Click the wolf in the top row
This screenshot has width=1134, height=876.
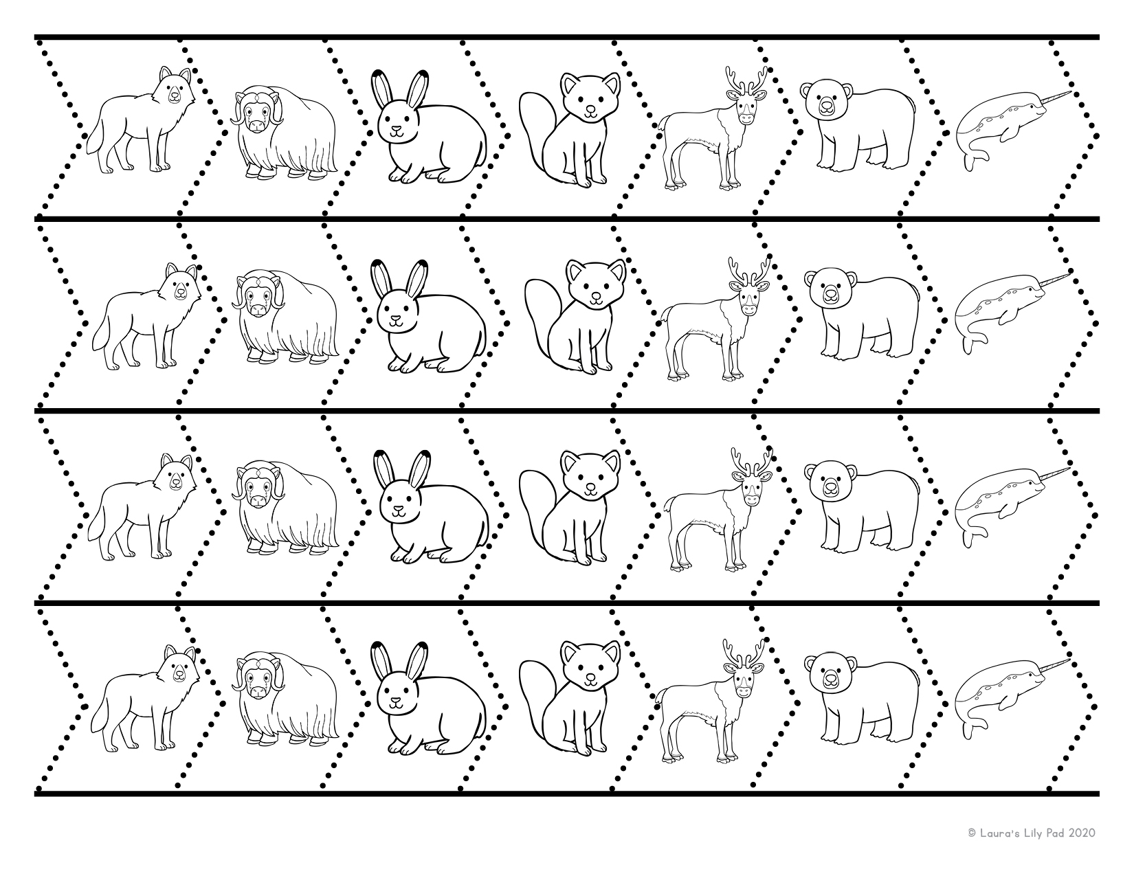point(141,124)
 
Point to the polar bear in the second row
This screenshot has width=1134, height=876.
point(862,316)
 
